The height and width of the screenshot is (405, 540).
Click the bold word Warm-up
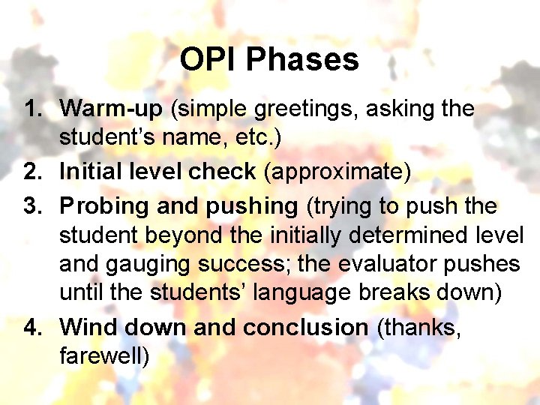point(111,109)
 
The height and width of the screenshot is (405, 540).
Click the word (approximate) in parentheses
point(337,172)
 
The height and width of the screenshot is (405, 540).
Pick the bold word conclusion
point(305,327)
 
